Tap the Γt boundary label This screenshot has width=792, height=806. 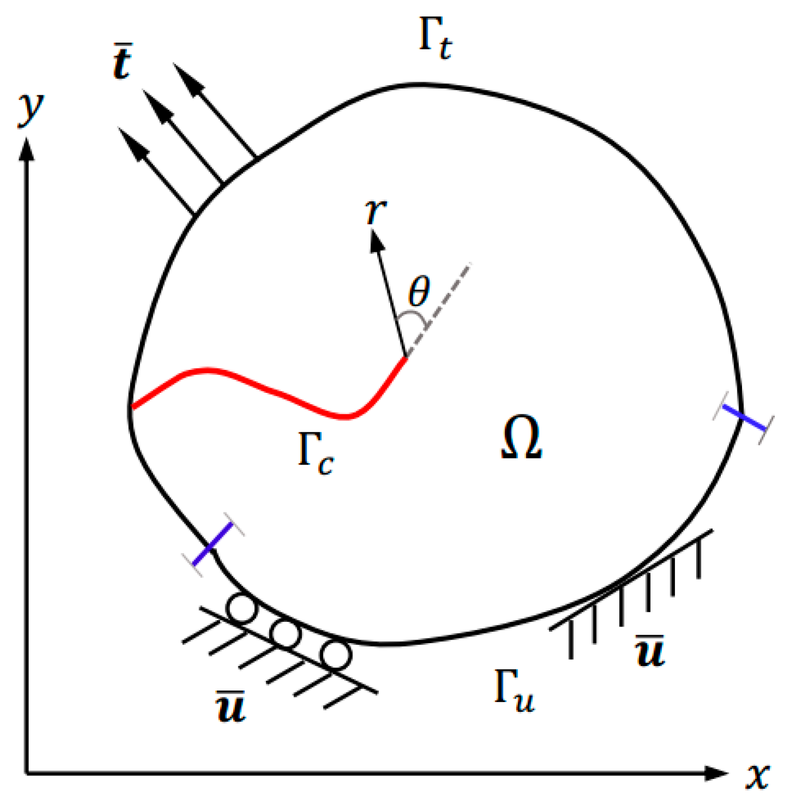coord(435,39)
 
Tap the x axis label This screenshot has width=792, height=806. coord(758,776)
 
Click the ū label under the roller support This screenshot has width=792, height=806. coord(231,707)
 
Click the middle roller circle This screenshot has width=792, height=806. coord(286,634)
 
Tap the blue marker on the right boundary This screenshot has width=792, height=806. coord(745,418)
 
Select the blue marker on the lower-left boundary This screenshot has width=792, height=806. coord(212,544)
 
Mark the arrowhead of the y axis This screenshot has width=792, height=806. coord(26,150)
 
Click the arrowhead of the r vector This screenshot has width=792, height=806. coord(376,241)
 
